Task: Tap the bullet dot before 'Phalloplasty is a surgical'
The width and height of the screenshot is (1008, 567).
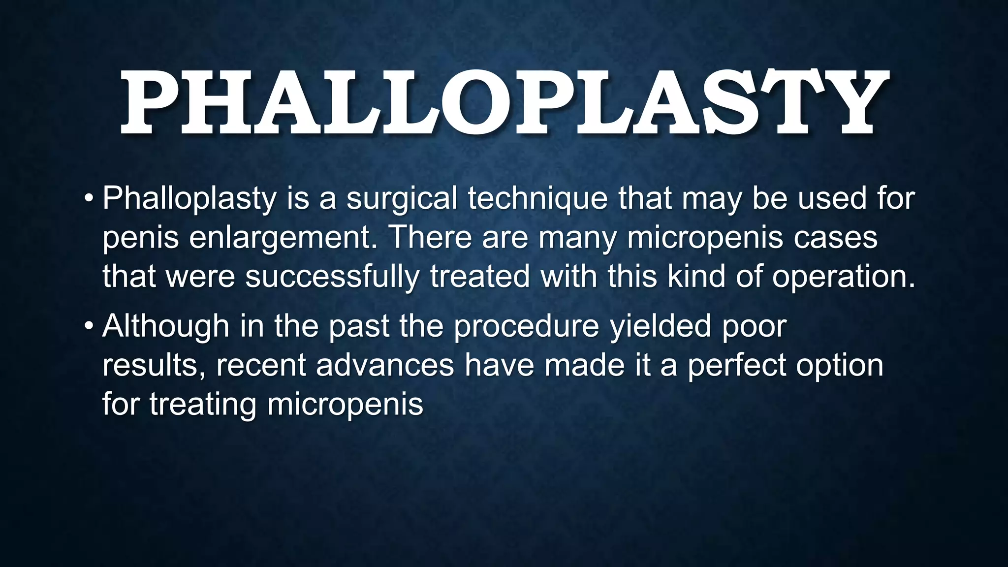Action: tap(89, 198)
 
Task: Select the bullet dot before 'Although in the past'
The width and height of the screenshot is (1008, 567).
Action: tap(89, 326)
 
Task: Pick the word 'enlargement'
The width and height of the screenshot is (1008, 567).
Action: tap(280, 238)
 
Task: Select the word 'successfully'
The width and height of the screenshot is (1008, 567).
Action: tap(332, 277)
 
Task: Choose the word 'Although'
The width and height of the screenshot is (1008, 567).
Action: tap(166, 326)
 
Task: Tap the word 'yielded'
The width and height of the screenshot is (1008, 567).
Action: tap(661, 326)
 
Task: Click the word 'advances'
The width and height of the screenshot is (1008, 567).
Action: tap(385, 365)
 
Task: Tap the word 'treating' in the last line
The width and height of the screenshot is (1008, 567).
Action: tap(203, 405)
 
